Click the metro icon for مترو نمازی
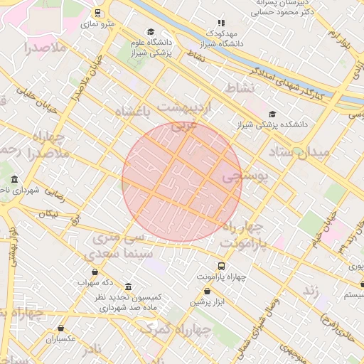(97, 13)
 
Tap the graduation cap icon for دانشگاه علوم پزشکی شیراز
(150, 32)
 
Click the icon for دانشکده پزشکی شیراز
(272, 114)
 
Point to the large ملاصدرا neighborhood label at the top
(45, 48)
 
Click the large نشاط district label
(240, 87)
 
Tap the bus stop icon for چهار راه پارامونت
(222, 265)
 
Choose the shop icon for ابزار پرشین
(207, 291)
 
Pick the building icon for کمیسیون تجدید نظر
(128, 286)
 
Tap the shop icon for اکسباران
(61, 328)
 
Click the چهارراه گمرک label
(176, 329)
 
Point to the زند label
(310, 290)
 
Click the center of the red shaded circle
(182, 182)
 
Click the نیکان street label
(49, 213)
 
